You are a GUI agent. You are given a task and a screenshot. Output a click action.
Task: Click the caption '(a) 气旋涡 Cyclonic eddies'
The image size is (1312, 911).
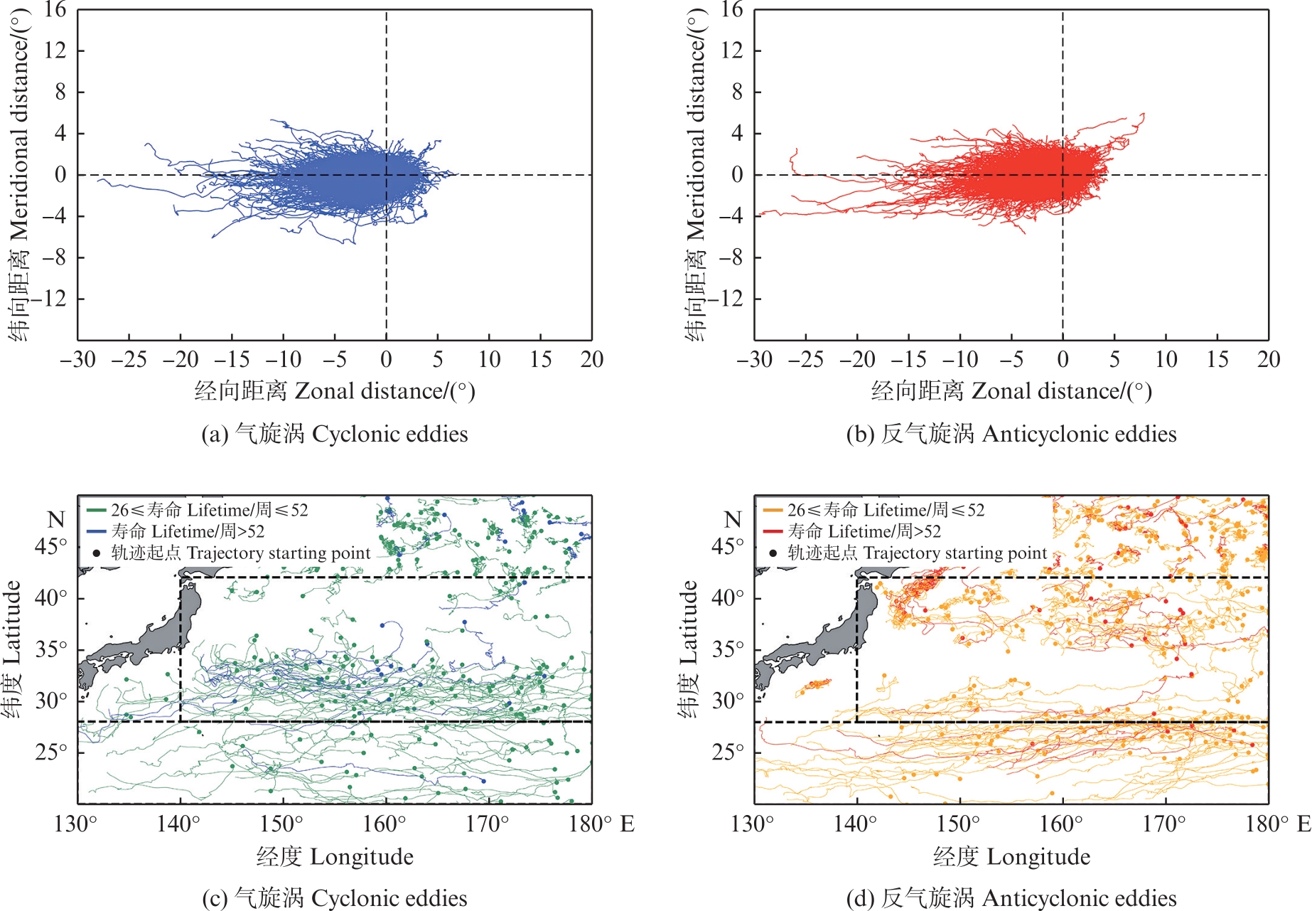pos(334,434)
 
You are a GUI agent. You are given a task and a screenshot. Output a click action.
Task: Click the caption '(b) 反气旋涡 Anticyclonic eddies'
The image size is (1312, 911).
pos(1011,434)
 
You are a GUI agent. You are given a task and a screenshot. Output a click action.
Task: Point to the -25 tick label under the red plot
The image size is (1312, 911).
pos(805,360)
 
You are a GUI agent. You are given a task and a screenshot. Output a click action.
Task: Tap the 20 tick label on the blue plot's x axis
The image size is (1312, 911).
pos(591,360)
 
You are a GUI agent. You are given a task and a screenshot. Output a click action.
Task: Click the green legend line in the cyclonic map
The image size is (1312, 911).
pos(97,510)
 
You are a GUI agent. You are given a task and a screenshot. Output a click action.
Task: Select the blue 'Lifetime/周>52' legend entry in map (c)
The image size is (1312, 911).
pos(188,531)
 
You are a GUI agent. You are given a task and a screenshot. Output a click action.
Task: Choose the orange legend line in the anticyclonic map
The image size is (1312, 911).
pos(773,510)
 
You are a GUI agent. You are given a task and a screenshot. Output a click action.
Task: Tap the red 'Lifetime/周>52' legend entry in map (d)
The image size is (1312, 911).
pos(864,531)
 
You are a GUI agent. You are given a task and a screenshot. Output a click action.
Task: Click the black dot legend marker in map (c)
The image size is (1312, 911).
pos(97,553)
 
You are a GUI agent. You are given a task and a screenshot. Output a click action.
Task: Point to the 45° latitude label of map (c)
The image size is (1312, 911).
pos(50,546)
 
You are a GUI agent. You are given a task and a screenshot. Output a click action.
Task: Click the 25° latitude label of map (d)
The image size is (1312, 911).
pos(727,752)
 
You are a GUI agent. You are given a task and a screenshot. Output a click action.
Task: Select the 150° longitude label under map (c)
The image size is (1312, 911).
pos(281,824)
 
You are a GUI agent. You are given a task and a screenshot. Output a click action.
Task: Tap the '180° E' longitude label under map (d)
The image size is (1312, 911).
pos(1278,824)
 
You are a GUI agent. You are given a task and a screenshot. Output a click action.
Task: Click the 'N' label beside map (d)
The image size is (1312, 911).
pos(733,520)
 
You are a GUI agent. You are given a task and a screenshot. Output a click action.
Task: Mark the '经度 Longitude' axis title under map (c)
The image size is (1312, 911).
pos(335,857)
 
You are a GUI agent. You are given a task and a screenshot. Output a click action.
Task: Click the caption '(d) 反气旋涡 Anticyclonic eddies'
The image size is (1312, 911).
pos(1011,898)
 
